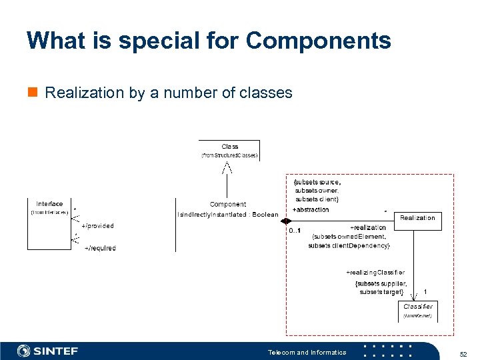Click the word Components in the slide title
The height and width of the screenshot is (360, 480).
318,41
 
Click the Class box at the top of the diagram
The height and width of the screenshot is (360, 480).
229,150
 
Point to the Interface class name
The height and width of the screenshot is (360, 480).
49,204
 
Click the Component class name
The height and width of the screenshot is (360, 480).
228,204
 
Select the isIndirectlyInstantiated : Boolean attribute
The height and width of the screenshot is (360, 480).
228,215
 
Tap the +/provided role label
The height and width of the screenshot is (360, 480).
97,226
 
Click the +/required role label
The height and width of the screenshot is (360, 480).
100,248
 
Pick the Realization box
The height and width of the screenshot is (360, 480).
417,218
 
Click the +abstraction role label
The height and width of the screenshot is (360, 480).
311,209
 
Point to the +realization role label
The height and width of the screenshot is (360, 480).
368,228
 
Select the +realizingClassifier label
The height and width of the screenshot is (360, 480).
375,272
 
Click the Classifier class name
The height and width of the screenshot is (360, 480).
418,307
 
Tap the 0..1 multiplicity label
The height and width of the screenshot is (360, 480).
295,231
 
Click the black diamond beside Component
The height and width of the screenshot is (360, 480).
286,221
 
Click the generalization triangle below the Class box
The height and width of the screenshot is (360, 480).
227,167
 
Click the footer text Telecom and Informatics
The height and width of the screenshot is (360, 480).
307,352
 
